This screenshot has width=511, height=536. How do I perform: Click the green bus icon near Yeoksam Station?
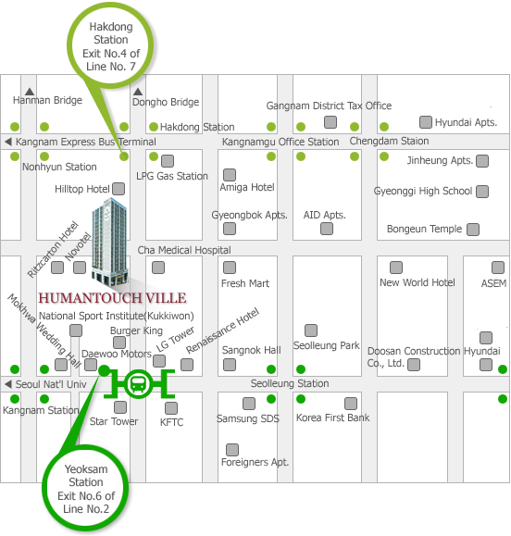point(139,384)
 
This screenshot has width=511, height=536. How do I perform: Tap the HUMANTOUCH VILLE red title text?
point(112,298)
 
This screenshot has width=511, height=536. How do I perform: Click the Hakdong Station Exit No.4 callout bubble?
point(110,45)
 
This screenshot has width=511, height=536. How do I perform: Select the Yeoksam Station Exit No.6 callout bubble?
point(85,489)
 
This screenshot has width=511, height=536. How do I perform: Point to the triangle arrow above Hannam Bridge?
point(30,92)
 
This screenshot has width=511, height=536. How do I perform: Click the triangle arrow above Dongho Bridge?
point(138,92)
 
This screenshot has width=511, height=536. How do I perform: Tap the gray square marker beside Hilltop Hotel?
point(118,189)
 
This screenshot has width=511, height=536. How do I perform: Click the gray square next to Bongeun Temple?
point(473,230)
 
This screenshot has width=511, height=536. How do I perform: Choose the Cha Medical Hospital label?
point(184,250)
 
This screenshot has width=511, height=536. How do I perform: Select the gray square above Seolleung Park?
point(311,330)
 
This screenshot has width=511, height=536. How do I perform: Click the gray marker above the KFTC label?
point(171,408)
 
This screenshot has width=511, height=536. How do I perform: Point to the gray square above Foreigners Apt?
point(232,450)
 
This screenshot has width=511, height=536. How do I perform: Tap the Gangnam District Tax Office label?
point(329,106)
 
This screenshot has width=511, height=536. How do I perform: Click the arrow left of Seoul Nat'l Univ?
point(8,384)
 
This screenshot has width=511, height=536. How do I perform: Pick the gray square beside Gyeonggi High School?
point(482,192)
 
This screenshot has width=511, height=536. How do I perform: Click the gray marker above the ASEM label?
point(498,268)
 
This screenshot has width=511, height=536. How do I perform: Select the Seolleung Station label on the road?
point(290,383)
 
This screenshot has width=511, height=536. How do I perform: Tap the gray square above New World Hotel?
point(396,268)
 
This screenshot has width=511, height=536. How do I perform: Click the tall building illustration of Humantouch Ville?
point(110,242)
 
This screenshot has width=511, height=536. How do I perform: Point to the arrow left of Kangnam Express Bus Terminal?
point(8,142)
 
